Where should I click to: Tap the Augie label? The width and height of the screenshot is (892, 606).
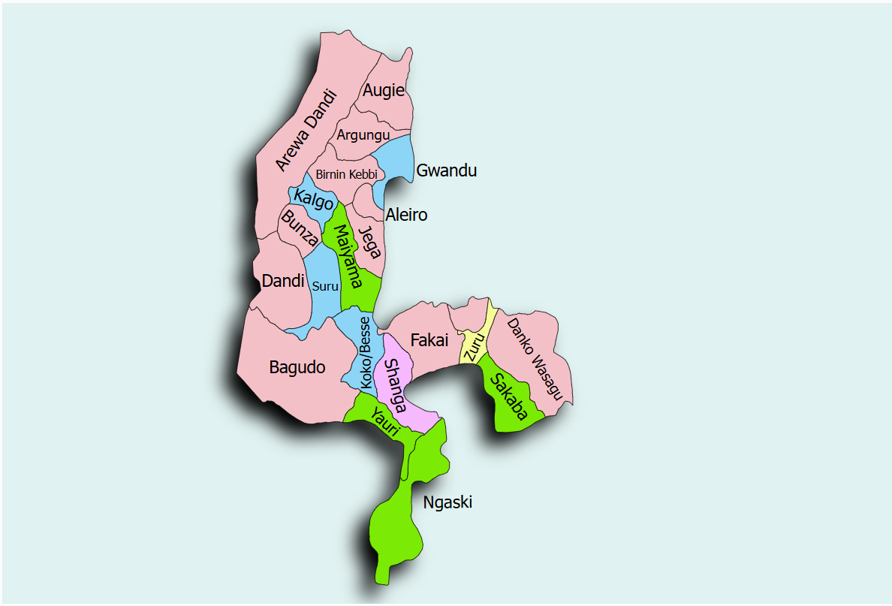(383, 91)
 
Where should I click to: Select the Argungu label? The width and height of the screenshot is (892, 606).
(363, 135)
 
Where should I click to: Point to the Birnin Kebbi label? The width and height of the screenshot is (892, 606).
(345, 174)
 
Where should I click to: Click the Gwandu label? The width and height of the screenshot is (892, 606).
(446, 170)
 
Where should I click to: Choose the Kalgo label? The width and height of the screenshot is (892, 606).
(313, 200)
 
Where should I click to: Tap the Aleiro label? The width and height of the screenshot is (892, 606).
(406, 216)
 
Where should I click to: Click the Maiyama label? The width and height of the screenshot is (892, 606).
(345, 257)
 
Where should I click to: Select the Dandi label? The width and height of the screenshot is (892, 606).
(283, 282)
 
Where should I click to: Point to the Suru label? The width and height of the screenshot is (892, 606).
(325, 285)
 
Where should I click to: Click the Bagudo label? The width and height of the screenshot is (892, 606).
(297, 367)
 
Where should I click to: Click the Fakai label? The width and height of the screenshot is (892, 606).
(429, 340)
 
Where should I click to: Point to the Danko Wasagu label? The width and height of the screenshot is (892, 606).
(535, 357)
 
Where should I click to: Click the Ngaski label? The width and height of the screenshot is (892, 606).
(448, 502)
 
